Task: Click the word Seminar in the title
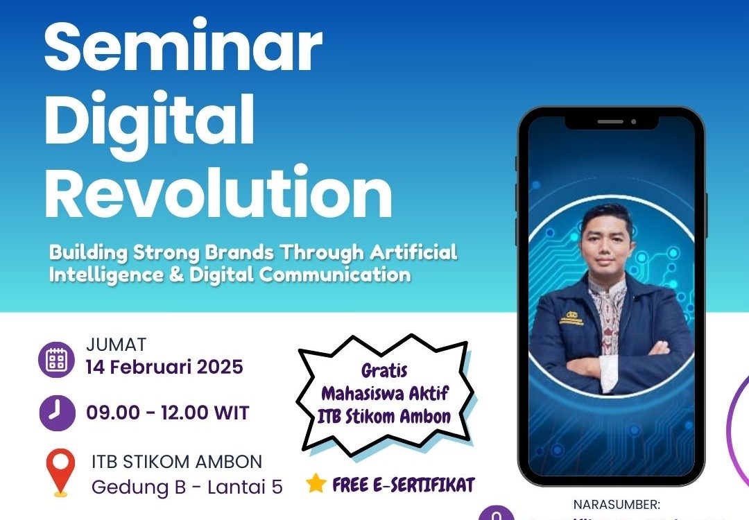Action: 183,46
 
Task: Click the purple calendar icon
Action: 55,360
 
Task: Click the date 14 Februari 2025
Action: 164,366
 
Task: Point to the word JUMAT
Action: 116,345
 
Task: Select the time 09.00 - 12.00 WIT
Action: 167,414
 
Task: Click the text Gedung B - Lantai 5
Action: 187,487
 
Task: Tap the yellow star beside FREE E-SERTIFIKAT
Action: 316,483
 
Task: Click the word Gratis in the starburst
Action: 384,370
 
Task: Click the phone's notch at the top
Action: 611,121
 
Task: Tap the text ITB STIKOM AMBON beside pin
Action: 177,461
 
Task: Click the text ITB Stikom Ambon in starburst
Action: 386,417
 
